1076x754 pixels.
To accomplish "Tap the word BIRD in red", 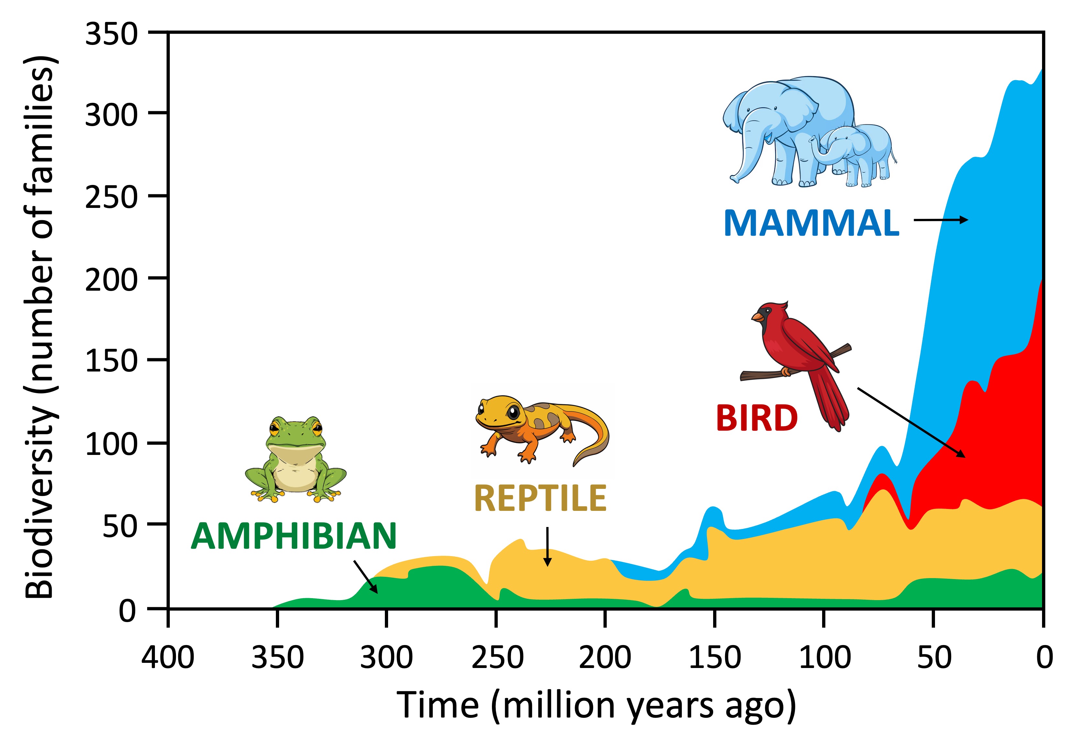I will tap(756, 418).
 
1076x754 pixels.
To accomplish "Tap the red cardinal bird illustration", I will tap(797, 361).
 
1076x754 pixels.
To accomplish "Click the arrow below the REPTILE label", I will tap(547, 546).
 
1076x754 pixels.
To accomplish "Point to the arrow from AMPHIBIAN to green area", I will tap(365, 576).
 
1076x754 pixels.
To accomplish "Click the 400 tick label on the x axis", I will tap(168, 657).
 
